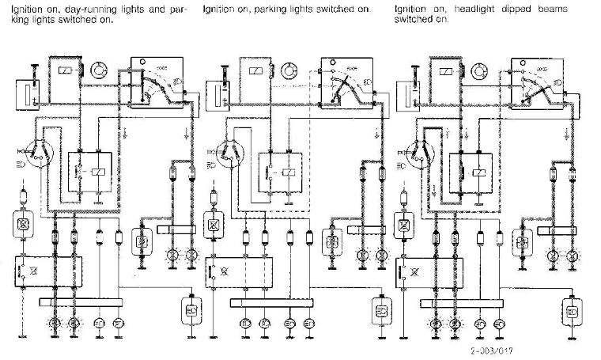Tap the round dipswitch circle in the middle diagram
click(x=229, y=152)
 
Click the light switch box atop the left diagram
click(x=156, y=79)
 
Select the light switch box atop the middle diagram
click(x=346, y=79)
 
